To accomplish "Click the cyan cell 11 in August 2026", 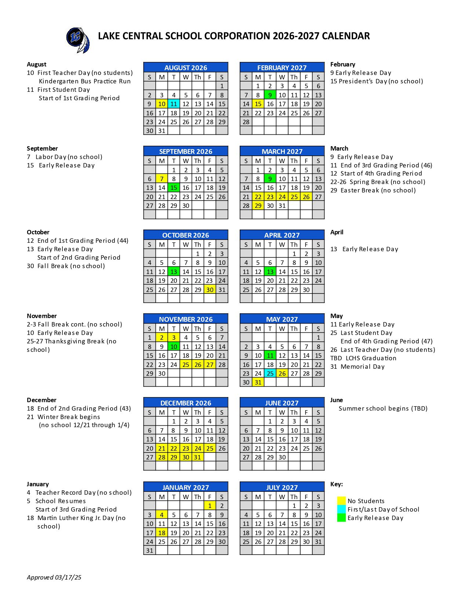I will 174,104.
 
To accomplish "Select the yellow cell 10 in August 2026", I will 162,104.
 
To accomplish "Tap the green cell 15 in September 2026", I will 174,188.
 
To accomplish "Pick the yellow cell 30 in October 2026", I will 210,289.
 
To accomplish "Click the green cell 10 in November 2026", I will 174,346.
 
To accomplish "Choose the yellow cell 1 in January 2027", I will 210,506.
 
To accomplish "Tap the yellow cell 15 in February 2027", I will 258,104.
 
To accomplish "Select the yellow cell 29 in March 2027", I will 258,206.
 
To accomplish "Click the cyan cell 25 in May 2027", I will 270,374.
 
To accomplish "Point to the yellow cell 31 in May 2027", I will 258,382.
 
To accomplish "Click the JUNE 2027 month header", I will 282,403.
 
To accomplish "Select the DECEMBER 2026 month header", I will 186,403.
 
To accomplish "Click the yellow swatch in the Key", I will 341,501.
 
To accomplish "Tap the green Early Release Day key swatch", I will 341,517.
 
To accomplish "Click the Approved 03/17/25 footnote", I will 54,577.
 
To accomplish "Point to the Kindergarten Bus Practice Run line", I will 84,81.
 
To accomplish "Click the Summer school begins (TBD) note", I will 383,408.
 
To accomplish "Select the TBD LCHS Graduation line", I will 363,358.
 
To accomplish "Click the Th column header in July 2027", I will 294,497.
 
